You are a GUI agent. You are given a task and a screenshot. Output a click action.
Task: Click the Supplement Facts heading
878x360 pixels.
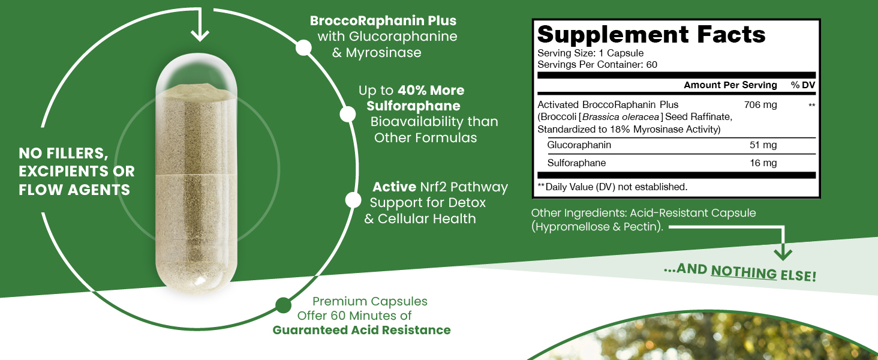click(651, 35)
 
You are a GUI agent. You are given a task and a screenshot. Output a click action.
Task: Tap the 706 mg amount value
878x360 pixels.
click(760, 105)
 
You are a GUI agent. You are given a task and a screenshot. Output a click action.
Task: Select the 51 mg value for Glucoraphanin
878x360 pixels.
click(763, 145)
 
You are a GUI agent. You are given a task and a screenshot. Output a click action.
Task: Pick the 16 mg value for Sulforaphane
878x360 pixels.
click(763, 163)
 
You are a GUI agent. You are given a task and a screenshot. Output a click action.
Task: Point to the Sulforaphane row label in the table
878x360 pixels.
click(576, 163)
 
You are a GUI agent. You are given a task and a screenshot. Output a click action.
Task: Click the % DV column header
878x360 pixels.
click(803, 85)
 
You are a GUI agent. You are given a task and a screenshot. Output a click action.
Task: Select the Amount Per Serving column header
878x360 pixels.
click(730, 85)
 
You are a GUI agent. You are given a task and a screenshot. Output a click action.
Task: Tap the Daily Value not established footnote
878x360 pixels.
click(612, 187)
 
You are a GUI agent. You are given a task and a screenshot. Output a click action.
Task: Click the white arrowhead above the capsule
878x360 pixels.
click(199, 35)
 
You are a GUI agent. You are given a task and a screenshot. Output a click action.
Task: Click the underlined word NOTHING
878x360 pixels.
click(744, 272)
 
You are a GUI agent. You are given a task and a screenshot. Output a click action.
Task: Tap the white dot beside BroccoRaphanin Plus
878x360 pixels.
click(304, 48)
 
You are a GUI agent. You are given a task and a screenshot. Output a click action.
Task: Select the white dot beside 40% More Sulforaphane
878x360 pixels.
click(347, 114)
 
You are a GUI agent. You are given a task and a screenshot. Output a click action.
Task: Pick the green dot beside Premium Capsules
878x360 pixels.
click(283, 305)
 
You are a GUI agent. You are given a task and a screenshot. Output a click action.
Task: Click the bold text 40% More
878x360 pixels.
click(431, 91)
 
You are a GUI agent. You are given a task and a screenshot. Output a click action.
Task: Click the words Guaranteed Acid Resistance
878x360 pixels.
click(362, 330)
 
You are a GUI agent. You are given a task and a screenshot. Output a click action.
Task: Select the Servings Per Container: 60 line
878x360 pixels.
click(597, 65)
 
